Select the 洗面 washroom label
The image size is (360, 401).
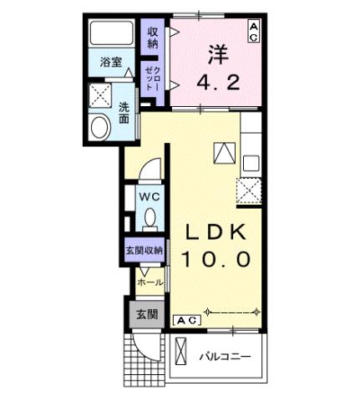124,113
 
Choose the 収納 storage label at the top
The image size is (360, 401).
152,38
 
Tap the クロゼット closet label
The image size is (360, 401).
152,77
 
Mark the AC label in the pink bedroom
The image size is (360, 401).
253,31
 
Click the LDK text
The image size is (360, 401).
215,231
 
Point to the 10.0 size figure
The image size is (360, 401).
215,259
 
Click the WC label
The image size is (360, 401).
150,196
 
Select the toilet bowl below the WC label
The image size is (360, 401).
150,217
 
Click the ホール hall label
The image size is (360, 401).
150,282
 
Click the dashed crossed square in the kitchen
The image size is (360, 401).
251,190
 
